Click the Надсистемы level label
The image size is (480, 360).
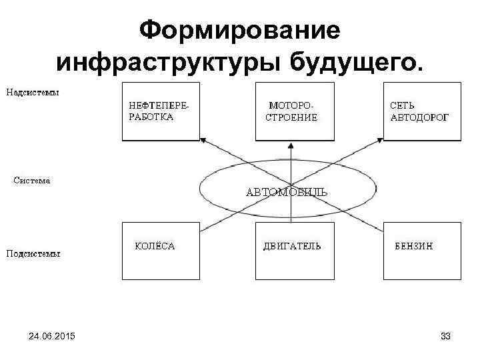pos(33,92)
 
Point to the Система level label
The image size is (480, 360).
pos(32,180)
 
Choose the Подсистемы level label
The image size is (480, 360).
pos(33,253)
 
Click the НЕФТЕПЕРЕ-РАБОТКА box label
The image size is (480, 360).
pos(158,111)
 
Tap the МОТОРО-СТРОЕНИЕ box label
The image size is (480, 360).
pos(292,111)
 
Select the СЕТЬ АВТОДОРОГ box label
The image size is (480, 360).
pos(419,111)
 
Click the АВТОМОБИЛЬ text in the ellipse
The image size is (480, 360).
pos(287,193)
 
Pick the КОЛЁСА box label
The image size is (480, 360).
pos(155,246)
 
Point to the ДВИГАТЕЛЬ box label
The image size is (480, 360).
pos(291,246)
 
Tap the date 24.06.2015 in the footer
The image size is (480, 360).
pos(52,338)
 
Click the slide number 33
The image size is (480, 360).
pos(445,338)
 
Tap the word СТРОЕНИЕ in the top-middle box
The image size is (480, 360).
pos(292,117)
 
